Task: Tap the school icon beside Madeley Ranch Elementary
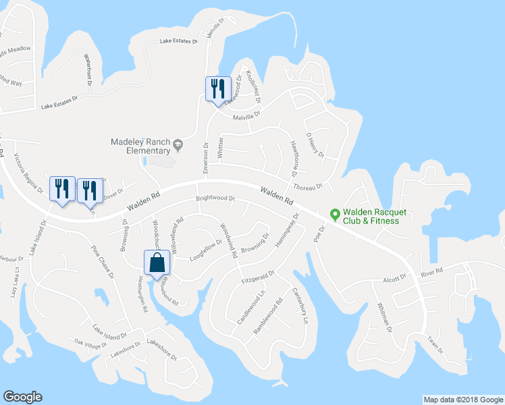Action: click(x=178, y=143)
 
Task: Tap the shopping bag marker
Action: click(x=157, y=264)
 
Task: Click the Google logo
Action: click(x=22, y=397)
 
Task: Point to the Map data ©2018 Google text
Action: click(x=462, y=400)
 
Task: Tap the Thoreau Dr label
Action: click(x=308, y=186)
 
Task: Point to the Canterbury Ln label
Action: click(x=300, y=305)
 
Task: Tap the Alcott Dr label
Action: click(x=395, y=277)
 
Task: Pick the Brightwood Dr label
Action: click(x=215, y=199)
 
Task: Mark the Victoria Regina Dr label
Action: click(x=27, y=172)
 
